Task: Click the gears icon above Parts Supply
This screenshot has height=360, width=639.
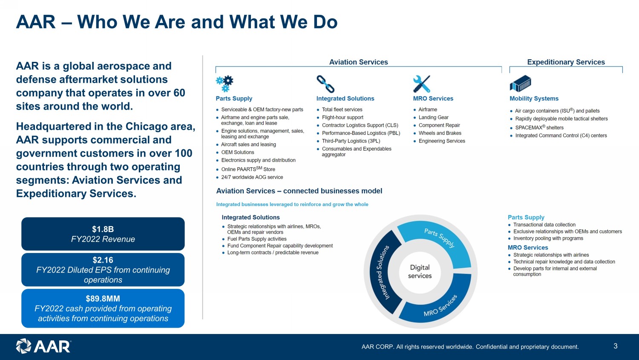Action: pyautogui.click(x=225, y=84)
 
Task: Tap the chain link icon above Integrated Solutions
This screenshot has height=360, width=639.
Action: pyautogui.click(x=325, y=84)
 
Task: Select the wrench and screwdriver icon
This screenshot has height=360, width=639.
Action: pyautogui.click(x=422, y=84)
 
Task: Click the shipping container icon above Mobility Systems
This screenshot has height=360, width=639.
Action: pyautogui.click(x=521, y=84)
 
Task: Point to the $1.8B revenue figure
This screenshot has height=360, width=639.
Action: pyautogui.click(x=103, y=229)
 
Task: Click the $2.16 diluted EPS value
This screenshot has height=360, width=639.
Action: pyautogui.click(x=103, y=260)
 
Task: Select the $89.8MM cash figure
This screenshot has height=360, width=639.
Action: pyautogui.click(x=103, y=299)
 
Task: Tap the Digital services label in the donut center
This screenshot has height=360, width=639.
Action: pyautogui.click(x=420, y=272)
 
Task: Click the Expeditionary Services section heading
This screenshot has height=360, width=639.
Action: pyautogui.click(x=566, y=62)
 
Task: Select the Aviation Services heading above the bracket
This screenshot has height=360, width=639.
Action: pyautogui.click(x=358, y=62)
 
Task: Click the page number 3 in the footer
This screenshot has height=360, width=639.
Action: pyautogui.click(x=615, y=346)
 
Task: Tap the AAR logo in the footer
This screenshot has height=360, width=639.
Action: pyautogui.click(x=43, y=346)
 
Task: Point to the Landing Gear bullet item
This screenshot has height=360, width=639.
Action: pyautogui.click(x=433, y=117)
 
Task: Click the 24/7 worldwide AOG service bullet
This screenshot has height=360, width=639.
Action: pyautogui.click(x=252, y=177)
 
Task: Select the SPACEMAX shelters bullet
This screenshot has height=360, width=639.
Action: pyautogui.click(x=539, y=128)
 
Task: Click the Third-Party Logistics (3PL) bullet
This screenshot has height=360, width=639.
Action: pyautogui.click(x=351, y=141)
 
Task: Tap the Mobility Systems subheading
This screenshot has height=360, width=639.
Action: pyautogui.click(x=534, y=99)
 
